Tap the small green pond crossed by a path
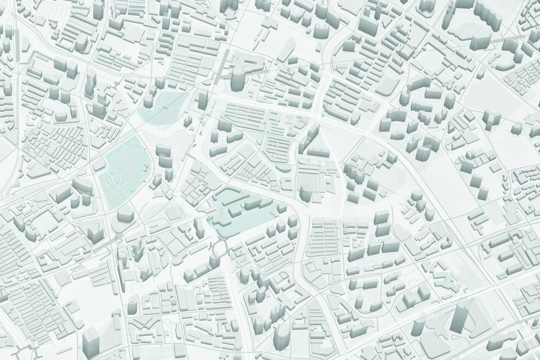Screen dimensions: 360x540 [x=166, y=105]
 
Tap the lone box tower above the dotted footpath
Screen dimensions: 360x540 [x=91, y=337]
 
